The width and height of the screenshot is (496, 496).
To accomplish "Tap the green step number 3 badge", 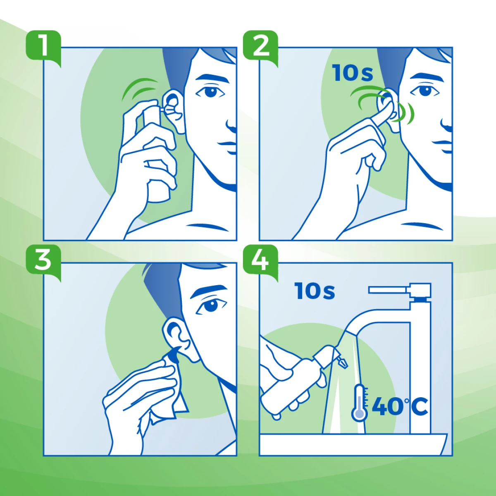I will click(43, 262).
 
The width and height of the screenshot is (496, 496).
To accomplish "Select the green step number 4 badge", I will click(260, 262).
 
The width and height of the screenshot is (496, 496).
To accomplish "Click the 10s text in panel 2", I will click(353, 74).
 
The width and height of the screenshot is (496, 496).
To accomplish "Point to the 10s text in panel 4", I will click(315, 291).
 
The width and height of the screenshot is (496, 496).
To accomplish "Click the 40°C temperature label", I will click(400, 407).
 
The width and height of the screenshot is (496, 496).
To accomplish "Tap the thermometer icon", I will click(359, 403).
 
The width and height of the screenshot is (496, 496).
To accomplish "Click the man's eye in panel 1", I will click(210, 91).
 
